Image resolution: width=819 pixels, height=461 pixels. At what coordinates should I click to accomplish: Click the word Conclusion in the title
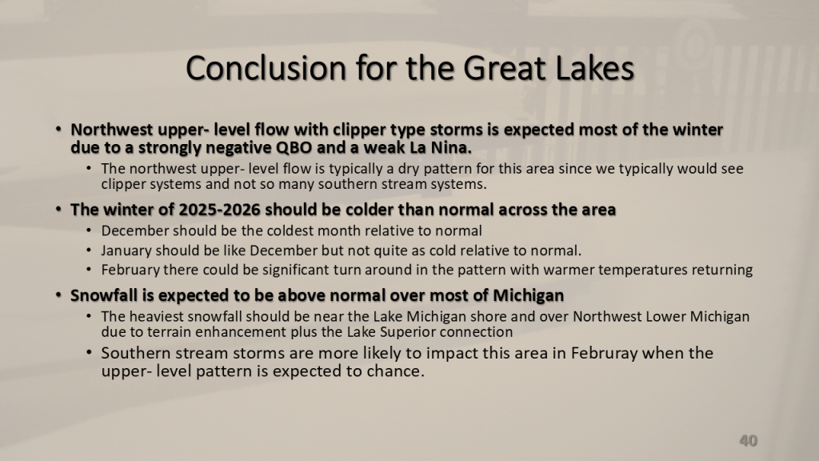coord(266,69)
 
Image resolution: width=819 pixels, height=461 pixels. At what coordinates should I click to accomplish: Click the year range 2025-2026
coord(219,210)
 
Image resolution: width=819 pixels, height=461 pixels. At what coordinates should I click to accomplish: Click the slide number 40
coord(749,441)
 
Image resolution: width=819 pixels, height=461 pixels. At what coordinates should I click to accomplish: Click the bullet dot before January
coord(89,251)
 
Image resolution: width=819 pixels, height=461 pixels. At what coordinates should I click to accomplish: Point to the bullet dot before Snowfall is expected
coord(59,295)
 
